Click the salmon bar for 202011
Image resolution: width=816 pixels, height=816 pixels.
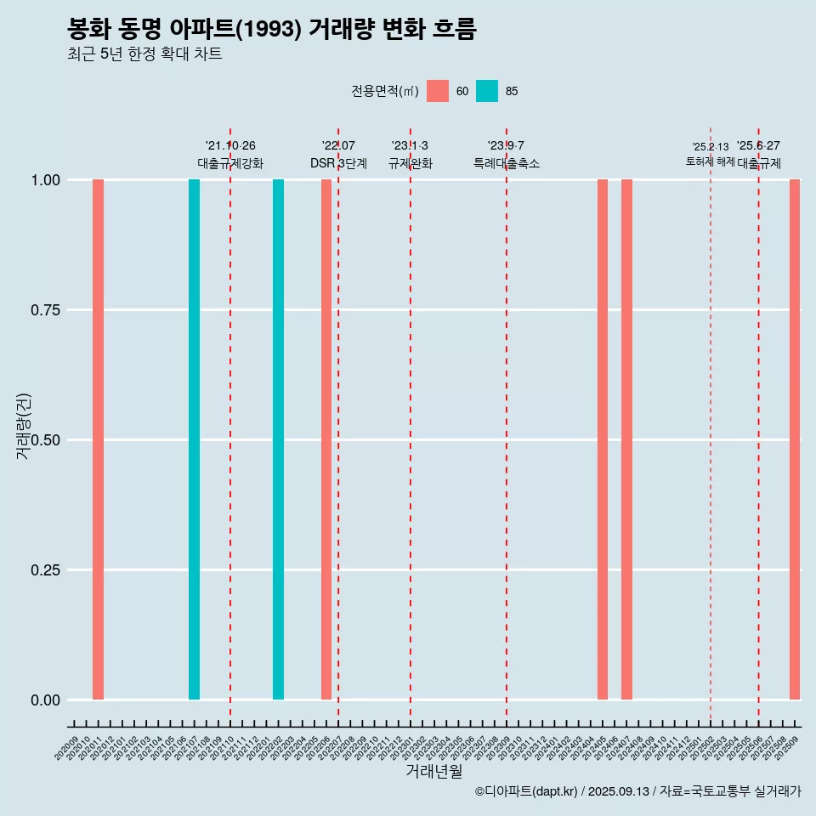pos(98,439)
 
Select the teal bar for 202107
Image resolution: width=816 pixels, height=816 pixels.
pos(194,439)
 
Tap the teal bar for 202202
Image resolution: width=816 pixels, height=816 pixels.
pos(278,439)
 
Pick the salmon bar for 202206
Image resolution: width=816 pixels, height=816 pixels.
pos(326,439)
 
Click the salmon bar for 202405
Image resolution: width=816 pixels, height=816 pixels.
pos(603,439)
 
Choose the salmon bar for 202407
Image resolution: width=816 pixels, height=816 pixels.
pos(626,439)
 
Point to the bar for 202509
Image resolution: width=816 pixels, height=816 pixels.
pos(795,439)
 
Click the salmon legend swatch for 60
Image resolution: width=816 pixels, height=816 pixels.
pos(438,91)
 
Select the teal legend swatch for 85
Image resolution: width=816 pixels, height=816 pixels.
pos(487,91)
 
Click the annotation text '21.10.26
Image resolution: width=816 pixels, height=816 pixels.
pos(230,146)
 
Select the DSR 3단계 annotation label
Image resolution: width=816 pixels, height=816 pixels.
pos(338,163)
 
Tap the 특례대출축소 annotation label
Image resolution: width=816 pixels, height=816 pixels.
pos(507,163)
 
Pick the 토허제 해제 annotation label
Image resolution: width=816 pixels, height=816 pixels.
pos(711,161)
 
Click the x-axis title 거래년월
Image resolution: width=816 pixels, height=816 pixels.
pos(433,772)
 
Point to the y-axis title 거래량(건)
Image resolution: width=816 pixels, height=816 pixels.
pos(24,426)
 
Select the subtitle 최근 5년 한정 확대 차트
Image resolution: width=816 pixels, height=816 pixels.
pos(144,54)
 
